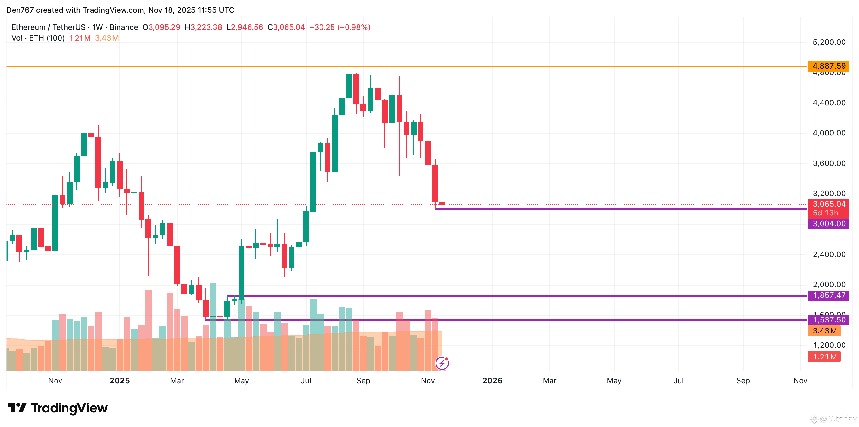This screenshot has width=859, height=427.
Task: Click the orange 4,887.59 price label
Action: point(828,66)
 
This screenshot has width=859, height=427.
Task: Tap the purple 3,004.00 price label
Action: point(828,224)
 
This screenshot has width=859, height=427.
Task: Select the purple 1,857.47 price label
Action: point(828,295)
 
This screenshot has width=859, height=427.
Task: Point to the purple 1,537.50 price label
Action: point(828,320)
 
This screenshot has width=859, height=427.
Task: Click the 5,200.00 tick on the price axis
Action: point(829,42)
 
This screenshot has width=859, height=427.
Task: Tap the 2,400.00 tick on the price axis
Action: point(829,254)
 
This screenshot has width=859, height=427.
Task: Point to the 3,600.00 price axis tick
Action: point(829,163)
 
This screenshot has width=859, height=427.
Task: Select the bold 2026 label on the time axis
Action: point(492,381)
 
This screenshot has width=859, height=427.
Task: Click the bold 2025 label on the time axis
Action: point(120,381)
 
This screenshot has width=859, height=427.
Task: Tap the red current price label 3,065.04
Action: point(828,204)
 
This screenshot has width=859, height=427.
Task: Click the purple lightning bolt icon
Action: point(442,363)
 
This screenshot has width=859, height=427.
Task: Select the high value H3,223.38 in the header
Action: point(203,27)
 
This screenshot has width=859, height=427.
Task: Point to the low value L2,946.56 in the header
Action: point(245,27)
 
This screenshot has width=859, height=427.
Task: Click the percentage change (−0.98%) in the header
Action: point(354,27)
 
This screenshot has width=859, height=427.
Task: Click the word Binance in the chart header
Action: point(124,27)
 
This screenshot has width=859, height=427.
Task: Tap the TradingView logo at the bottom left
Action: point(58,408)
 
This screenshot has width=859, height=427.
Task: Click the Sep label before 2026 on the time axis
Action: point(363,381)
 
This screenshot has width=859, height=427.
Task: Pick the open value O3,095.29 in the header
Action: point(161,27)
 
